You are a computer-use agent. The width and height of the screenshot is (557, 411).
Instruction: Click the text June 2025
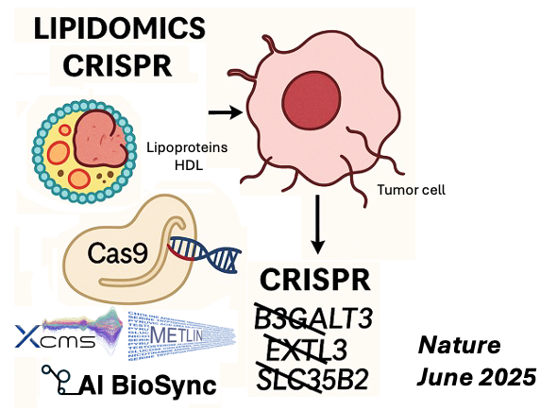(477, 376)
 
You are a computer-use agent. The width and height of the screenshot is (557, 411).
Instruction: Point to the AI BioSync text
(142, 384)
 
